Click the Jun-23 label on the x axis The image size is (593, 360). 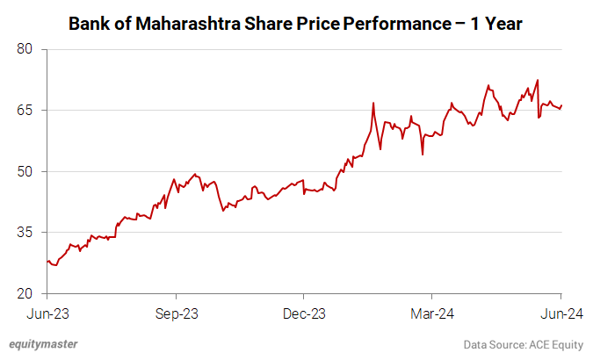pos(47,313)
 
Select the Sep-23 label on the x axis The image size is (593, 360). pos(176,313)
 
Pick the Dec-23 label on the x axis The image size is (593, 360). pos(304,313)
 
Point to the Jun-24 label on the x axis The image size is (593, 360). pos(560,313)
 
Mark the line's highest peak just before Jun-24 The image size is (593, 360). pos(537,80)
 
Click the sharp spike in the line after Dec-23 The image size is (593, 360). pos(373,103)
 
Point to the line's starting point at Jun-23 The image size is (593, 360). pos(47,261)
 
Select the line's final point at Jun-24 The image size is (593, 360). pos(561,105)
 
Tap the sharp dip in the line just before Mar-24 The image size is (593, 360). pos(423,155)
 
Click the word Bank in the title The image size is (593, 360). pos(90,24)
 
